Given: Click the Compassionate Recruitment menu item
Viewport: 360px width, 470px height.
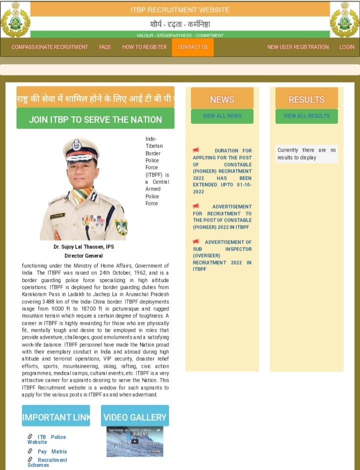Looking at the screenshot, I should pos(49,47).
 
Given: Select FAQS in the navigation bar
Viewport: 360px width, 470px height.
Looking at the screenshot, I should pos(105,47).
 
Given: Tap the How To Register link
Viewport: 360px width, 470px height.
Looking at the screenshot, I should pos(144,47).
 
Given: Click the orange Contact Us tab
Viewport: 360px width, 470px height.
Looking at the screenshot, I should pos(192,47).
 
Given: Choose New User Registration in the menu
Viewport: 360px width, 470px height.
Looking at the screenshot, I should pos(298,47).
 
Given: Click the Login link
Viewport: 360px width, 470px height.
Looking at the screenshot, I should pos(347,47).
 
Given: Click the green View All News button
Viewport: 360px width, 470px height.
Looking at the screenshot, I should pos(222,116).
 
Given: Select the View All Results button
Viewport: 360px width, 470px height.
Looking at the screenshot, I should pos(306,116).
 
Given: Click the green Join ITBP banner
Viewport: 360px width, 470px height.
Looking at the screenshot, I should pos(95,119).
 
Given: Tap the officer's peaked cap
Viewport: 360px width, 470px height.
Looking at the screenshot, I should pos(81,148).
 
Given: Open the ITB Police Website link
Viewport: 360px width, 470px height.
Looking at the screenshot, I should pos(47,440).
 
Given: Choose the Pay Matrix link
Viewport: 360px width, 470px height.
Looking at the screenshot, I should pos(52,452).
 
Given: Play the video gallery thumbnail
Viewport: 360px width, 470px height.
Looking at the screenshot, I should pos(134,441).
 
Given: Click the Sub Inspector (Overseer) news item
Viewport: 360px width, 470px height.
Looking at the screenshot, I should pos(222,255).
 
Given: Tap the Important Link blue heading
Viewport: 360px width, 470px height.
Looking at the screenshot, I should pos(56,417).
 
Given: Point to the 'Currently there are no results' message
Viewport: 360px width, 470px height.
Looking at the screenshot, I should pos(306,154).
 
